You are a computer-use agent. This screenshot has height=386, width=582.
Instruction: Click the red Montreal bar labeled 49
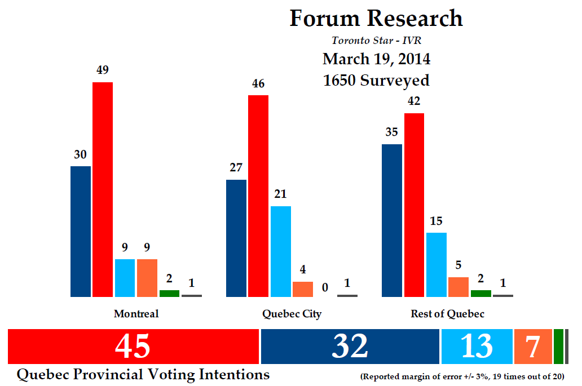coord(103,189)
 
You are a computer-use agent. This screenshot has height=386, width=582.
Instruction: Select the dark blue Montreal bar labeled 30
coord(81,231)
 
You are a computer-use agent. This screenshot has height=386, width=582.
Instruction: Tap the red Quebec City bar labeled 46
coord(258,196)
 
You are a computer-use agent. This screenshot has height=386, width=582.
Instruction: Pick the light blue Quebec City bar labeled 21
coord(281,251)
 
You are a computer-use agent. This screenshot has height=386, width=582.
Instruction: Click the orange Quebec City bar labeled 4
coord(303,289)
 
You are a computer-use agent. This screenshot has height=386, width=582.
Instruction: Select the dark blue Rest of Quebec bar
coord(392,220)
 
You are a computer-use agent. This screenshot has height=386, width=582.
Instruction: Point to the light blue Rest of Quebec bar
coord(436,264)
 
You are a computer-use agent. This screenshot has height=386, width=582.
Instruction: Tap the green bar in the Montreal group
coord(169,293)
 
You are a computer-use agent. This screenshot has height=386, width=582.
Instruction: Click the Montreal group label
coord(136,314)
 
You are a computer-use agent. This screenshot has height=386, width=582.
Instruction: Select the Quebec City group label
coord(292,314)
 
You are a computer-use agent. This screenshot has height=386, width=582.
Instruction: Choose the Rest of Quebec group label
coord(447,314)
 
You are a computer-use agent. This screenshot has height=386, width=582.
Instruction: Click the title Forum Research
coord(376,19)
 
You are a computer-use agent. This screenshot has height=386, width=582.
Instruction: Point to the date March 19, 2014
coord(376,59)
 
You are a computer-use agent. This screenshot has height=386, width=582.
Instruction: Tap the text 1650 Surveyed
coord(376,80)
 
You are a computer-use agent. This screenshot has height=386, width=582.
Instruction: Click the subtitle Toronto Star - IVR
coord(376,40)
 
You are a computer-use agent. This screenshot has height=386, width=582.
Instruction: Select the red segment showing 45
coord(133,347)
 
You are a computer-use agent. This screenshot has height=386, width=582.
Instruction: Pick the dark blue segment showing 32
coord(350,347)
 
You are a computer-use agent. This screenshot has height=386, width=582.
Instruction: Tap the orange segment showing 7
coord(533,347)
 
